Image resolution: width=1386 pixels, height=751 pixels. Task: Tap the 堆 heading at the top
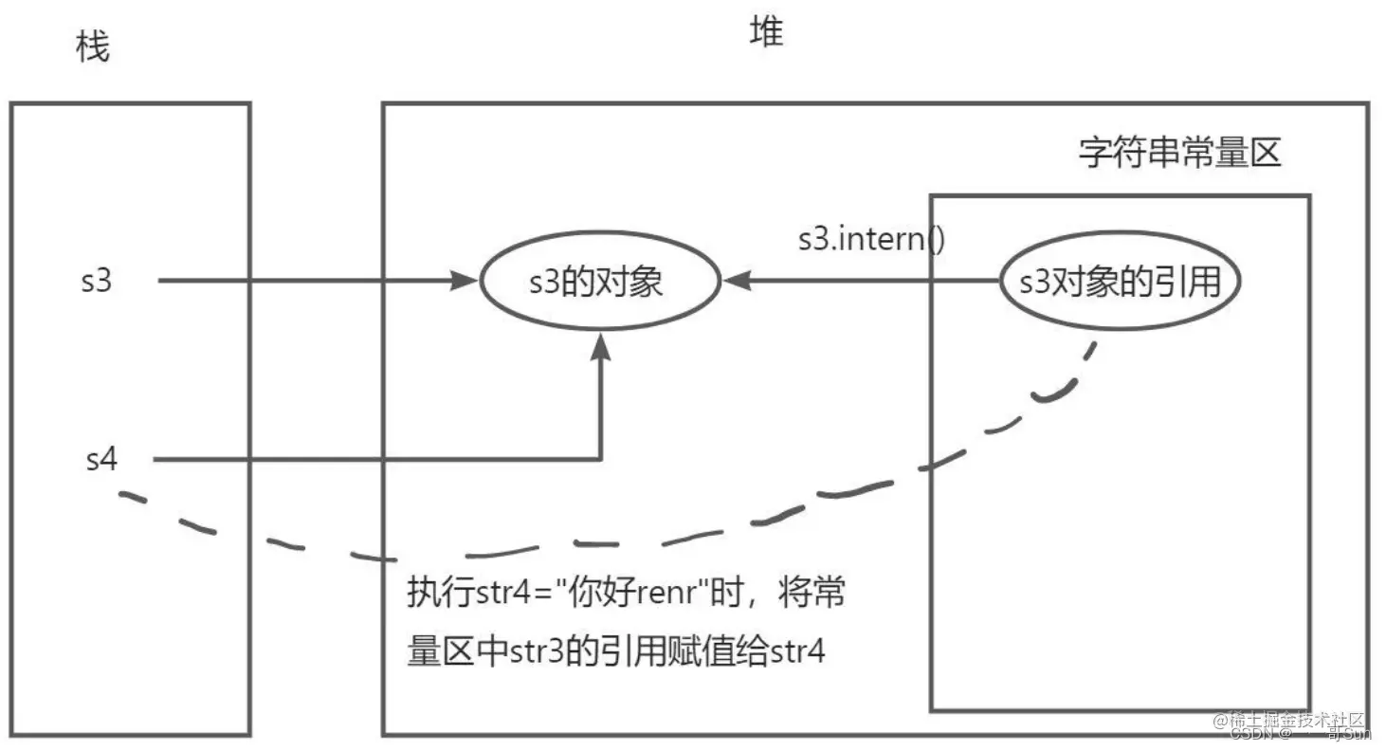click(x=767, y=33)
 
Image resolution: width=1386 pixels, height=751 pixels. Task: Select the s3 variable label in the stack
click(x=97, y=281)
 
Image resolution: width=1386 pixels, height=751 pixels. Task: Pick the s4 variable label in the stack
click(x=101, y=460)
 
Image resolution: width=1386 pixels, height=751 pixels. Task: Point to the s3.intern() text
click(x=871, y=238)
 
